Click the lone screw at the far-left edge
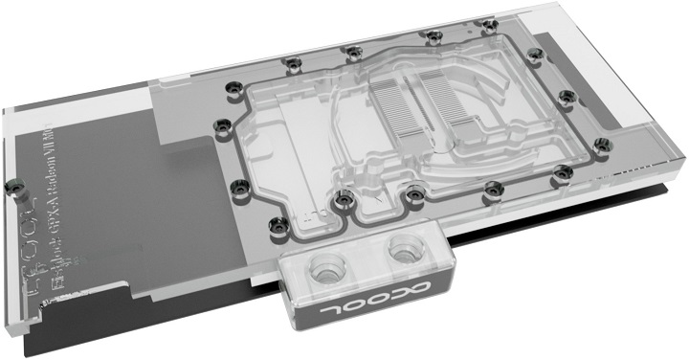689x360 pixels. pos(14,181)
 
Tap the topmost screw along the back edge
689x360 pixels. pos(433,36)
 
